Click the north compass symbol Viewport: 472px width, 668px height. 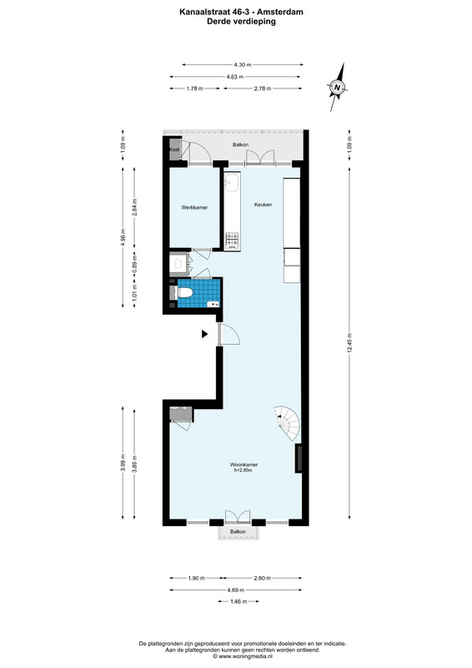point(338,88)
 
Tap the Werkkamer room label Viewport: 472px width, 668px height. point(194,207)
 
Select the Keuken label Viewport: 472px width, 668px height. point(263,205)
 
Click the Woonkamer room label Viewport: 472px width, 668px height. point(244,464)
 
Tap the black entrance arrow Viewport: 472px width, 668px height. point(204,335)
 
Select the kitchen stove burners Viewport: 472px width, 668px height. point(233,240)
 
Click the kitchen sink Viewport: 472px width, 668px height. point(233,181)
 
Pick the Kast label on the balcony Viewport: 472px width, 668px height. point(174,149)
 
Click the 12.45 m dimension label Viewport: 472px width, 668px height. point(349,343)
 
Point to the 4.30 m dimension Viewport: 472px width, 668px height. point(243,65)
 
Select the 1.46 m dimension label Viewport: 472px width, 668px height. point(239,601)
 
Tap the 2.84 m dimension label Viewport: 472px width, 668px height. point(134,207)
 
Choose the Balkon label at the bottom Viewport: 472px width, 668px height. point(238,532)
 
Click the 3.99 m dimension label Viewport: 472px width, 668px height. point(123,463)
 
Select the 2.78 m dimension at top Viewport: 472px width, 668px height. point(263,89)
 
